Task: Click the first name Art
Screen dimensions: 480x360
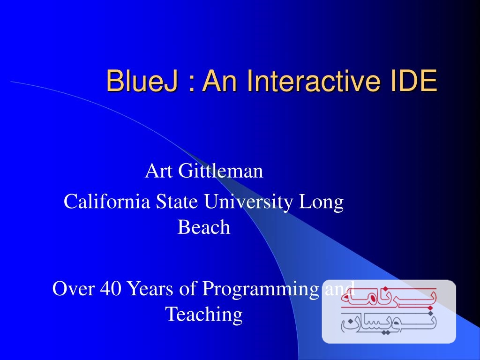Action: [x=159, y=171]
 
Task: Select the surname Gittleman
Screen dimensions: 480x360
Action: [x=220, y=171]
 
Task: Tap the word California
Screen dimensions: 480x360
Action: [x=107, y=202]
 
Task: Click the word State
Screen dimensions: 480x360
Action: [x=177, y=202]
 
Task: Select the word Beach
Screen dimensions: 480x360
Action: [x=204, y=227]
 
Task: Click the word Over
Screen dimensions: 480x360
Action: [x=73, y=288]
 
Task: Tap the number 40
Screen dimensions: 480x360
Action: [x=111, y=288]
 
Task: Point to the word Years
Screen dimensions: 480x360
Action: [x=150, y=288]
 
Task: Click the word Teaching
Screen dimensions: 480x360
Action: [x=204, y=315]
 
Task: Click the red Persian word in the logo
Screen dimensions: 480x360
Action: [x=389, y=297]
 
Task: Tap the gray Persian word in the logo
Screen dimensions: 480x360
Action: [x=389, y=323]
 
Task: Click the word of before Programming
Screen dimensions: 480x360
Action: [x=187, y=288]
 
